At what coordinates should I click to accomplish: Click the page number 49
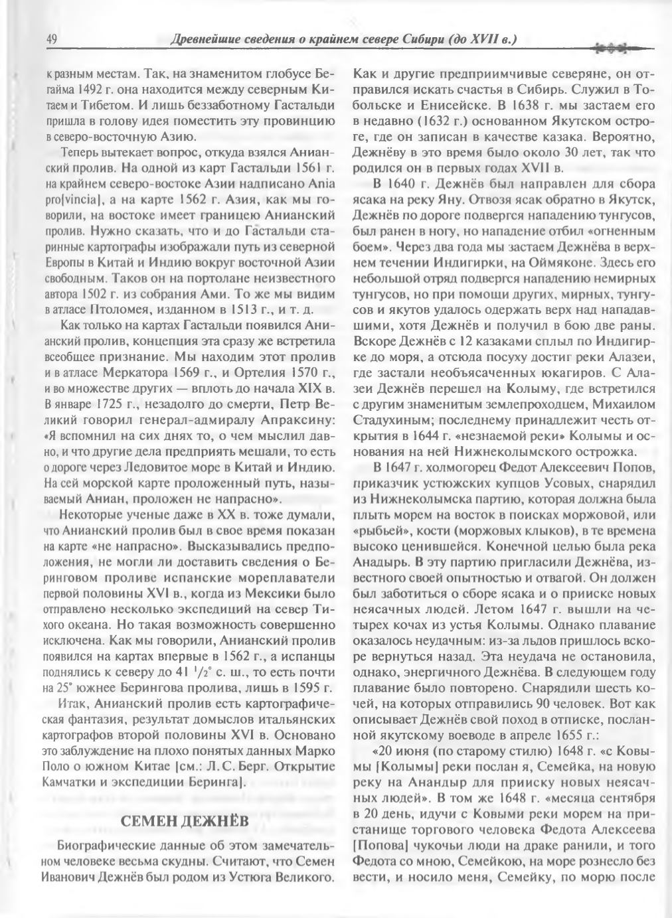51,40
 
